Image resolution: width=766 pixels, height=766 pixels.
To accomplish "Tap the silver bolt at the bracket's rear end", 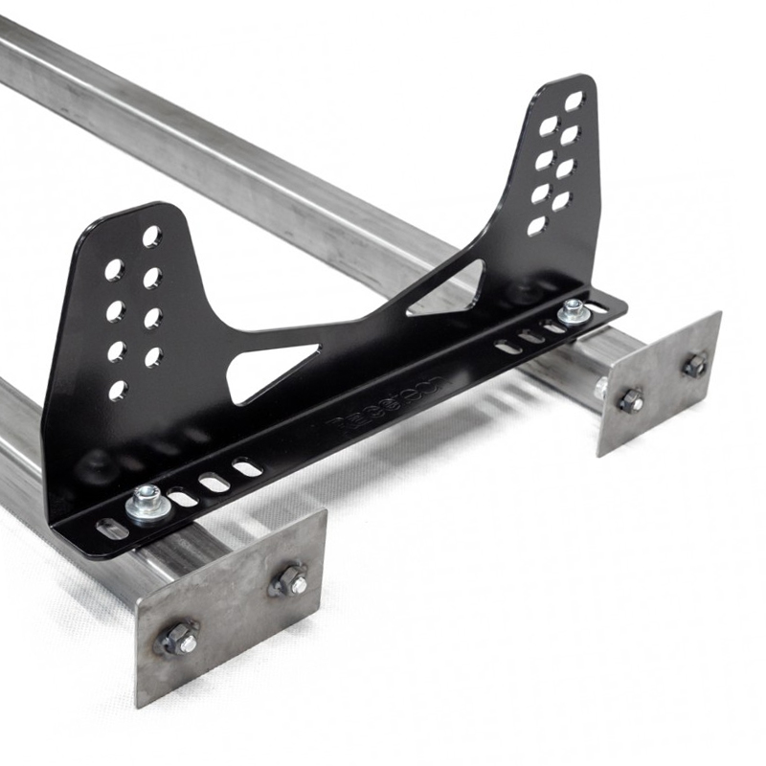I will [574, 309].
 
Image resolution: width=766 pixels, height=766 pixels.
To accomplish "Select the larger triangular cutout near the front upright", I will [270, 369].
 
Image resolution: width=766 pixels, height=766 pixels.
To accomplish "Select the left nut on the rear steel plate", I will [630, 401].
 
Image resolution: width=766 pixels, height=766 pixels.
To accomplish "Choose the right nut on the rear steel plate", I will [694, 365].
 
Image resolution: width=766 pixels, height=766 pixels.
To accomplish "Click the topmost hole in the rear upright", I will [574, 101].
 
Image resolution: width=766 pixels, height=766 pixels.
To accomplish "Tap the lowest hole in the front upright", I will [117, 391].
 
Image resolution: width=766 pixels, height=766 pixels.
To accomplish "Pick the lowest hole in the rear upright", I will [536, 226].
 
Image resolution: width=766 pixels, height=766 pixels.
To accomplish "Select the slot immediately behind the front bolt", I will [182, 498].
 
